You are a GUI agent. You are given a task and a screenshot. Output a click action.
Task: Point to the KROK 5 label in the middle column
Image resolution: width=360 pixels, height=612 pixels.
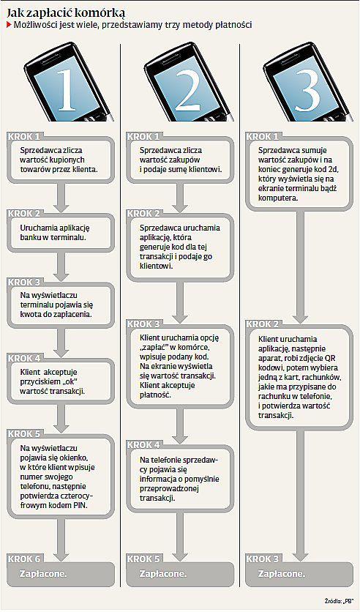[143, 559]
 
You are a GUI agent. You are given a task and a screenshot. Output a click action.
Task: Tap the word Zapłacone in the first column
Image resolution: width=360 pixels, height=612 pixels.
[44, 574]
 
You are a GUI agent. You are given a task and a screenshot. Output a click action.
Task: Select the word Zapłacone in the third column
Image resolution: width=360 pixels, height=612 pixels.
[282, 574]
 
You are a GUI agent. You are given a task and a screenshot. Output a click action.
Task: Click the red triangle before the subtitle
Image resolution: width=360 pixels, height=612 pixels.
[9, 26]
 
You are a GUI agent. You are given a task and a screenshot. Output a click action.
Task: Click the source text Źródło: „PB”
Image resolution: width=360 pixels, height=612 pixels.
[341, 601]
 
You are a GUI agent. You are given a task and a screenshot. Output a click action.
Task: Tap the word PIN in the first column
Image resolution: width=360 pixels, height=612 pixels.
[81, 505]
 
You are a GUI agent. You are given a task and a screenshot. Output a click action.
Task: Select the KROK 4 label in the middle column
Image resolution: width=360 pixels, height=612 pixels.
[143, 444]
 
